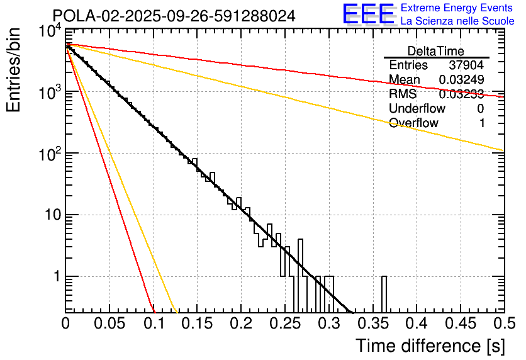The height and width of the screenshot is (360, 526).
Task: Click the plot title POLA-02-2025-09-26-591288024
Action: click(174, 16)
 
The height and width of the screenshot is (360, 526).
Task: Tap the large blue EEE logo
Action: click(368, 14)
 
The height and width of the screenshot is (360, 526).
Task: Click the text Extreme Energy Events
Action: click(457, 8)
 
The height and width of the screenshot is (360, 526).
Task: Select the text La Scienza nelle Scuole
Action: click(457, 21)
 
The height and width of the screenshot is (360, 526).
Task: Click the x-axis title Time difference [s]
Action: click(430, 346)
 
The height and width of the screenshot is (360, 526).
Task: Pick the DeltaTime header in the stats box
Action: click(435, 51)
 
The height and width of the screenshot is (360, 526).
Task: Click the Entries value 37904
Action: click(466, 65)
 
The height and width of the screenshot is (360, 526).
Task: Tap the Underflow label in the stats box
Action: click(417, 109)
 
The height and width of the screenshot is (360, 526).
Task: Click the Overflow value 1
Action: click(481, 123)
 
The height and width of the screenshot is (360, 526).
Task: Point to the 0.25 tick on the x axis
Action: click(284, 324)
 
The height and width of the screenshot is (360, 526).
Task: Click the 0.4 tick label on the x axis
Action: click(416, 324)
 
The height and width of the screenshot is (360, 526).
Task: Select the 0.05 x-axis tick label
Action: click(109, 324)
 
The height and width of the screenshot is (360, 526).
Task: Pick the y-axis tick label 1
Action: click(55, 276)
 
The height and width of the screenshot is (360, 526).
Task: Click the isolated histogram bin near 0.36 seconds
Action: click(384, 293)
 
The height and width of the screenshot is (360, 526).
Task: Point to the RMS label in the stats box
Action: click(403, 94)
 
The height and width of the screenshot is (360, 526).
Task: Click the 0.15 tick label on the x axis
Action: click(197, 324)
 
